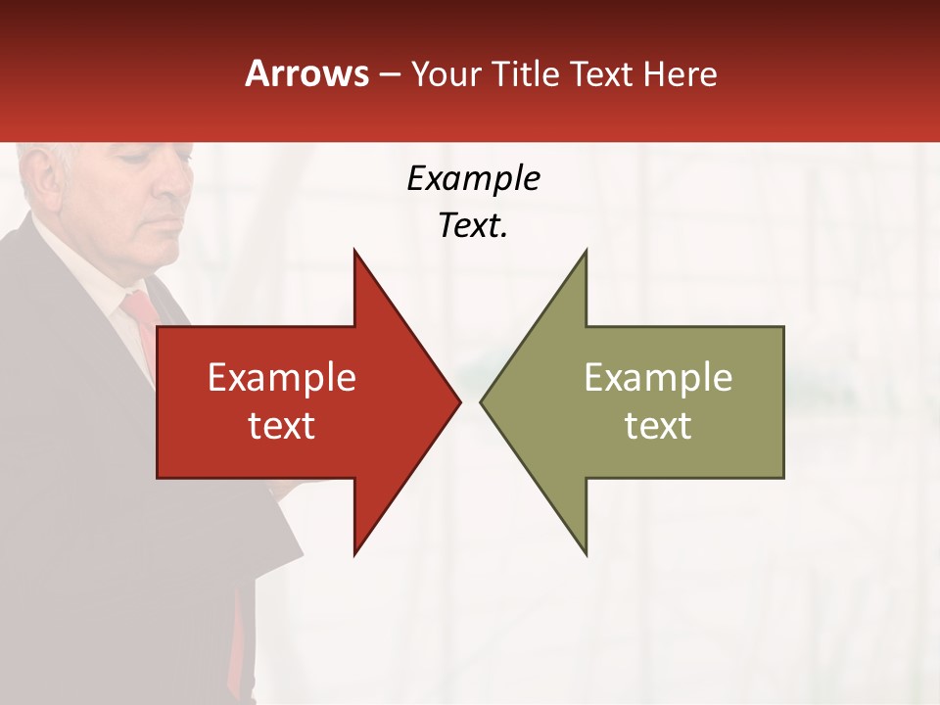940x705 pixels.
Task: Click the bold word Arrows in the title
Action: click(307, 73)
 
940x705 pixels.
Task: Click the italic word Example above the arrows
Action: click(473, 179)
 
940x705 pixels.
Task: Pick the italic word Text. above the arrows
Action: click(473, 226)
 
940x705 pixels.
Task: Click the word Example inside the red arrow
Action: click(281, 377)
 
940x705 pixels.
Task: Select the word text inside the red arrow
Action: click(281, 425)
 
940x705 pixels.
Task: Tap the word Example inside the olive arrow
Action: click(658, 377)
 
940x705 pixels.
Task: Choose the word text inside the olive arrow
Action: click(658, 425)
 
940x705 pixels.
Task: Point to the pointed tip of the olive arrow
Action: click(483, 400)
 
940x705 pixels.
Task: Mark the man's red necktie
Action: click(143, 323)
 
